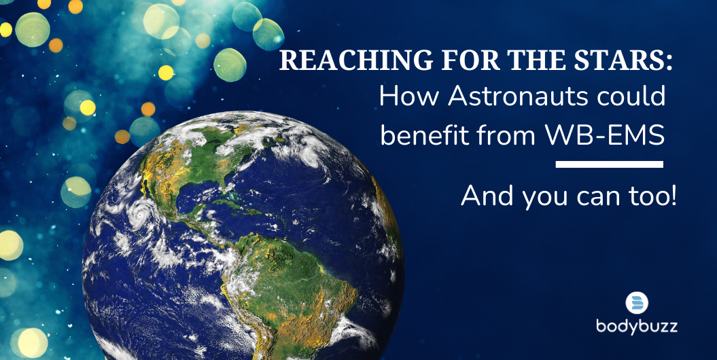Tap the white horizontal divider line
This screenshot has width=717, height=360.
coord(609,164)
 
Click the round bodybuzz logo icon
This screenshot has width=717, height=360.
coord(637,303)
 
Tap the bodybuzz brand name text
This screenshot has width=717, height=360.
coord(637,327)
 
